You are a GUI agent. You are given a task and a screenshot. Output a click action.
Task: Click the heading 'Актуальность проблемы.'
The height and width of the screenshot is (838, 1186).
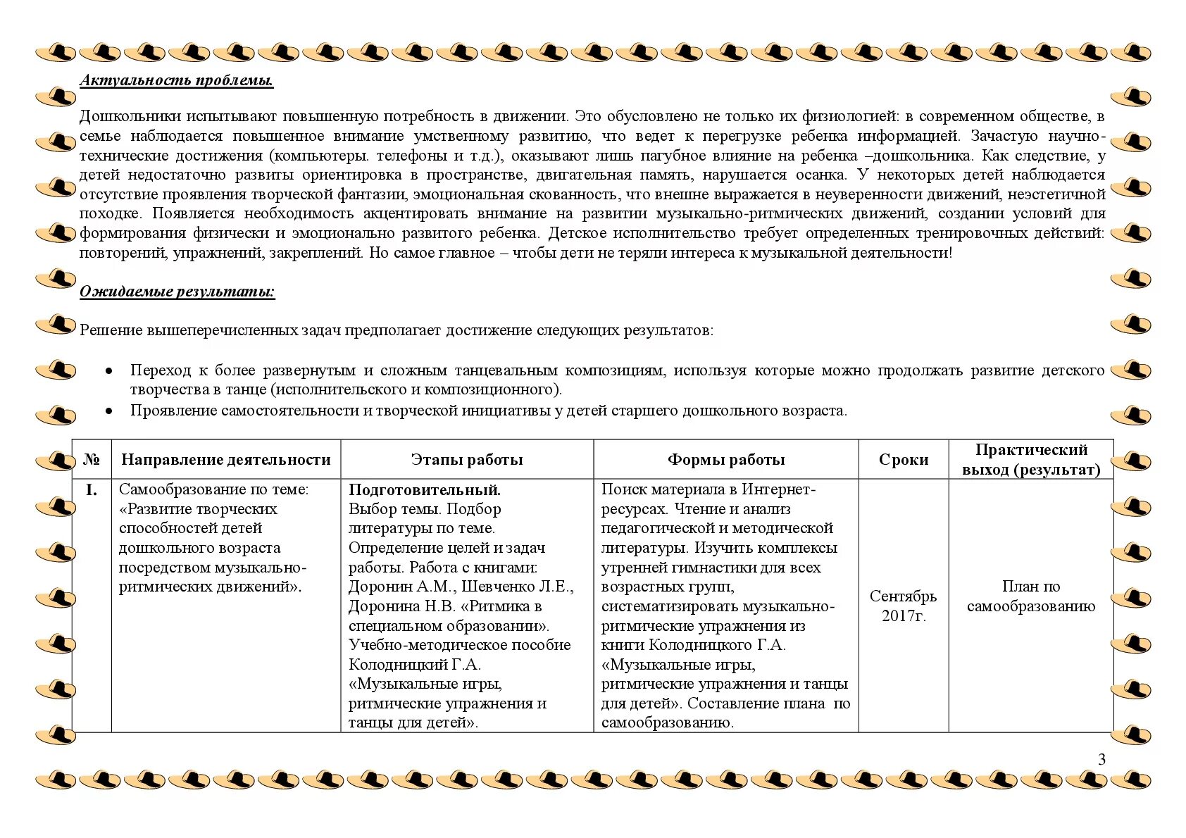coord(176,80)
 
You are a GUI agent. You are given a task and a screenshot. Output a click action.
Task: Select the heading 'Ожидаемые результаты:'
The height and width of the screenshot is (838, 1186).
coord(177,292)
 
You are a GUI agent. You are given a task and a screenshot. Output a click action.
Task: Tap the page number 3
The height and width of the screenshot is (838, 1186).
coord(1102,759)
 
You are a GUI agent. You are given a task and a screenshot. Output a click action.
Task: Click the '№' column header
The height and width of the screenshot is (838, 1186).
coord(92,460)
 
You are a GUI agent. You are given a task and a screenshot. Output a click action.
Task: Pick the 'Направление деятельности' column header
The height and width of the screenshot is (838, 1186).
coord(225,460)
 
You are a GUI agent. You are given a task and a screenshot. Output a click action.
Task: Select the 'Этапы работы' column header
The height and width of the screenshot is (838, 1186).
coord(467,460)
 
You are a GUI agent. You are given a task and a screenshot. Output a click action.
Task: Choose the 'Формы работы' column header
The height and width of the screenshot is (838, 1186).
coord(726,460)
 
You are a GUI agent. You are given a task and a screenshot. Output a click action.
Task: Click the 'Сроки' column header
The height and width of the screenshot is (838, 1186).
coord(904,460)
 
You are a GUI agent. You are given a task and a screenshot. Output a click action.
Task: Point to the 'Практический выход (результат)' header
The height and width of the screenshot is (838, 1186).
coord(1031,460)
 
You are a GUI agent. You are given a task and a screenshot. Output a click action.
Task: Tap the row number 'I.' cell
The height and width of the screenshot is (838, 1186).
coord(92,490)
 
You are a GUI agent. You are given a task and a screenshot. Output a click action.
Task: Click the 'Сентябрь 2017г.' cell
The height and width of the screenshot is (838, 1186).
coord(904,606)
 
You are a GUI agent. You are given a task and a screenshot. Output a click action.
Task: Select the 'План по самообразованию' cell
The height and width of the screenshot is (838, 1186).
coord(1031,596)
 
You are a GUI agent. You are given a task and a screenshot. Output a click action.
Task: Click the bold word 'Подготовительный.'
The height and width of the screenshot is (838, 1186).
coord(425,490)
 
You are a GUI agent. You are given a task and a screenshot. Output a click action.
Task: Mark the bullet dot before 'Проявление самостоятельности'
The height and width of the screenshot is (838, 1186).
coord(108,411)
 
